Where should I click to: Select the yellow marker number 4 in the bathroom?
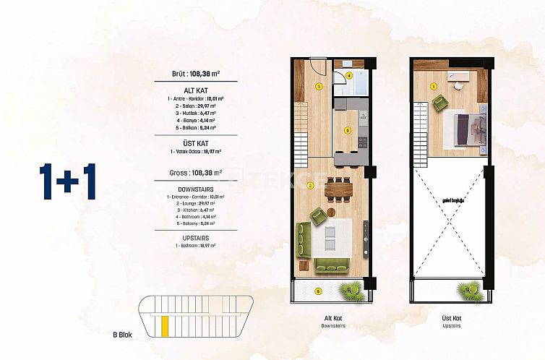pos(349,75)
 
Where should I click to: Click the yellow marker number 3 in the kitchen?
pos(347,131)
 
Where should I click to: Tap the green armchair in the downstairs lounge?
pos(318,215)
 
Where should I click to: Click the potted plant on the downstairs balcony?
pos(352,289)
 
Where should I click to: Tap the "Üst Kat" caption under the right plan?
pos(451,318)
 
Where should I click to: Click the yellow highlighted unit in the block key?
pos(165,325)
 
